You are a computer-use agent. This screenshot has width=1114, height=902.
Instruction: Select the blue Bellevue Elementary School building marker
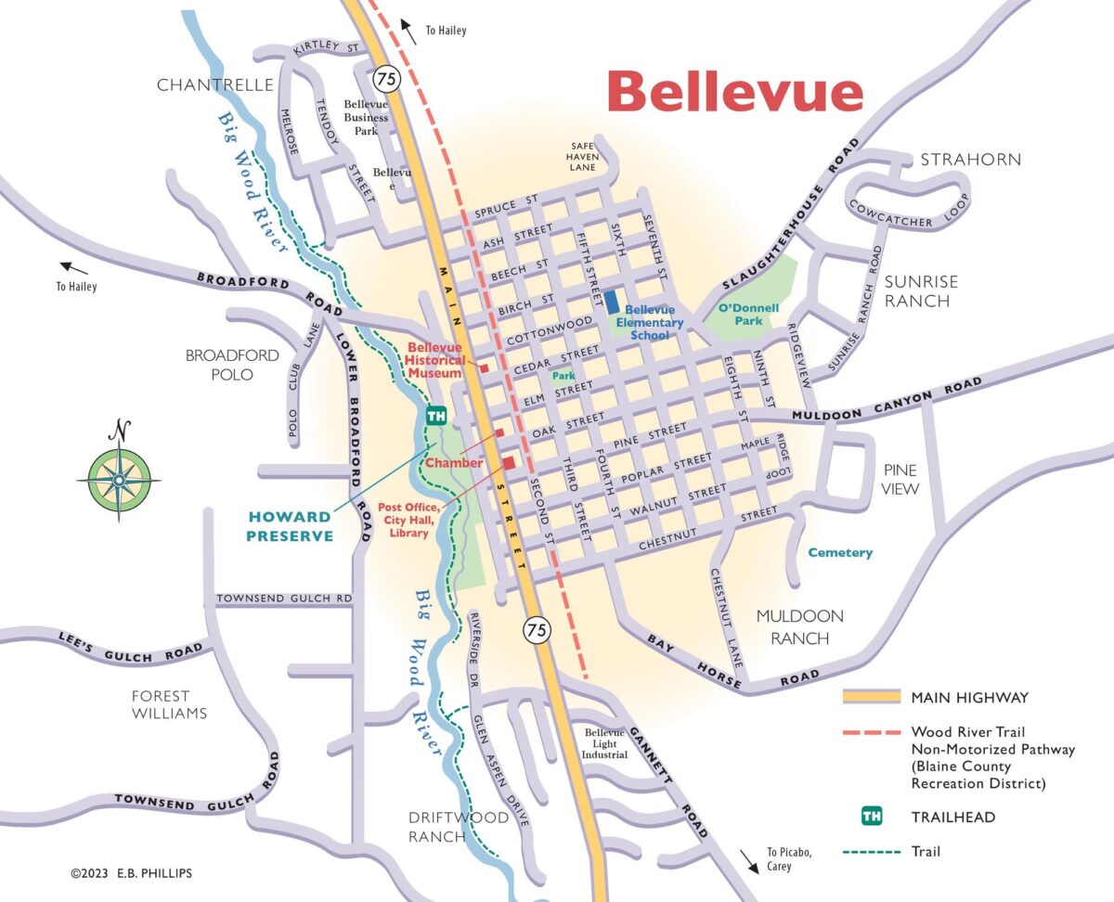[x=613, y=303]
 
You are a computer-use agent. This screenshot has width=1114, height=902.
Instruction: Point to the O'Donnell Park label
[x=748, y=315]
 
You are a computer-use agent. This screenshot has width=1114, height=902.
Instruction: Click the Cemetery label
[x=839, y=552]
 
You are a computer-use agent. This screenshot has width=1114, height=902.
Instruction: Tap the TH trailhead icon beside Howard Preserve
[x=435, y=417]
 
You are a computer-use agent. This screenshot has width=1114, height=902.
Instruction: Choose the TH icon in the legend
[x=871, y=817]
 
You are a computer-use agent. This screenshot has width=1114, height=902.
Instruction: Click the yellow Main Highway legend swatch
[x=871, y=697]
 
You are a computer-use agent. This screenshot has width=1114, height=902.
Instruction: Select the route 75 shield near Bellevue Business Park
[x=388, y=79]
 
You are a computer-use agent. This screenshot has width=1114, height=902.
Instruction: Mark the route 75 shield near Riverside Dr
[x=537, y=630]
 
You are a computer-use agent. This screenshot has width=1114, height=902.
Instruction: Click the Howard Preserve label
[x=290, y=526]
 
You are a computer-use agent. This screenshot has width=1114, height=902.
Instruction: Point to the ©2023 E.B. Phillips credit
[x=132, y=873]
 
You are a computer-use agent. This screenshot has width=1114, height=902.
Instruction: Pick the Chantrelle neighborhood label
[x=214, y=85]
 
